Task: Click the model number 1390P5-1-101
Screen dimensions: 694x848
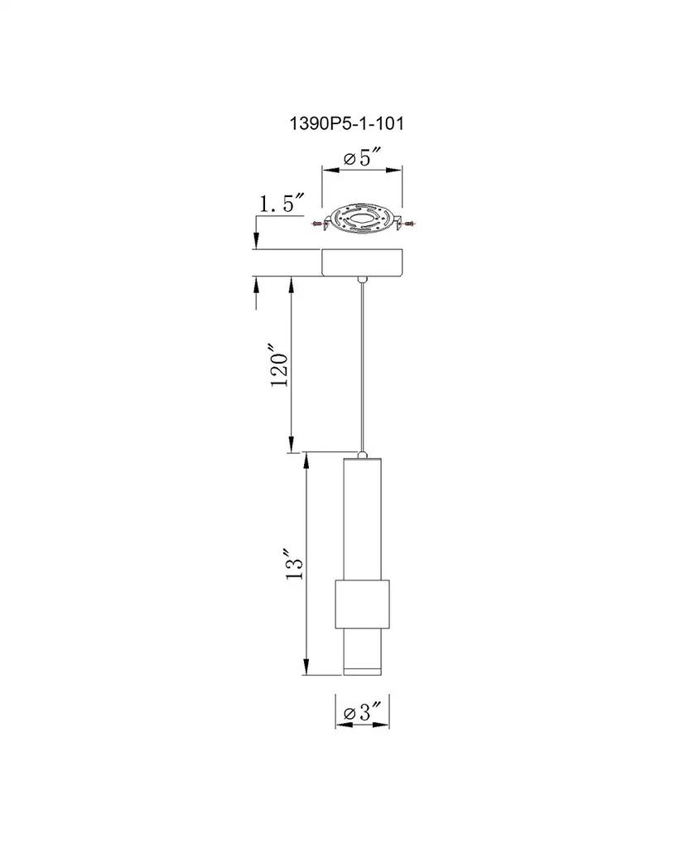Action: pyautogui.click(x=347, y=124)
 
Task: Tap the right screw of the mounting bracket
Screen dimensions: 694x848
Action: pyautogui.click(x=407, y=222)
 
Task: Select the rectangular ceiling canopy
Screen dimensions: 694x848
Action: pyautogui.click(x=362, y=263)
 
